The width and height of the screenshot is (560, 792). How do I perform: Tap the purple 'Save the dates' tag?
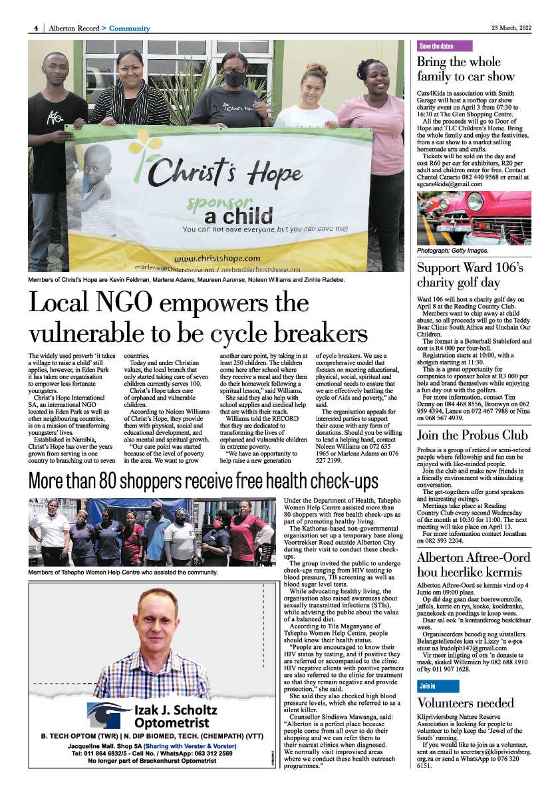[x=444, y=46]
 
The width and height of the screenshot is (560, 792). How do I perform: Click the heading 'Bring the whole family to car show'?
[x=466, y=68]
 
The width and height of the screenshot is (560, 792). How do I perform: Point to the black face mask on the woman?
[x=234, y=78]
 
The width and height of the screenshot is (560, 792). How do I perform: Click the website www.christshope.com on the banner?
[x=217, y=257]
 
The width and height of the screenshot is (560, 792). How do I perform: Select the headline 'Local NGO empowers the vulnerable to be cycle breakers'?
[x=198, y=318]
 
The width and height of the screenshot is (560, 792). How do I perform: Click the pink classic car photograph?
[x=474, y=217]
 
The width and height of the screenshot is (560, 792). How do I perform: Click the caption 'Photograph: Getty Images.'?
[x=452, y=251]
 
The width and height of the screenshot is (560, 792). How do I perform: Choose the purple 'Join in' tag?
[x=427, y=685]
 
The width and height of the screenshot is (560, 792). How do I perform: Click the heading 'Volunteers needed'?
[x=465, y=703]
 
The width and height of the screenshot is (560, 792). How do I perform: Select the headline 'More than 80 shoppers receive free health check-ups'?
[x=203, y=481]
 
